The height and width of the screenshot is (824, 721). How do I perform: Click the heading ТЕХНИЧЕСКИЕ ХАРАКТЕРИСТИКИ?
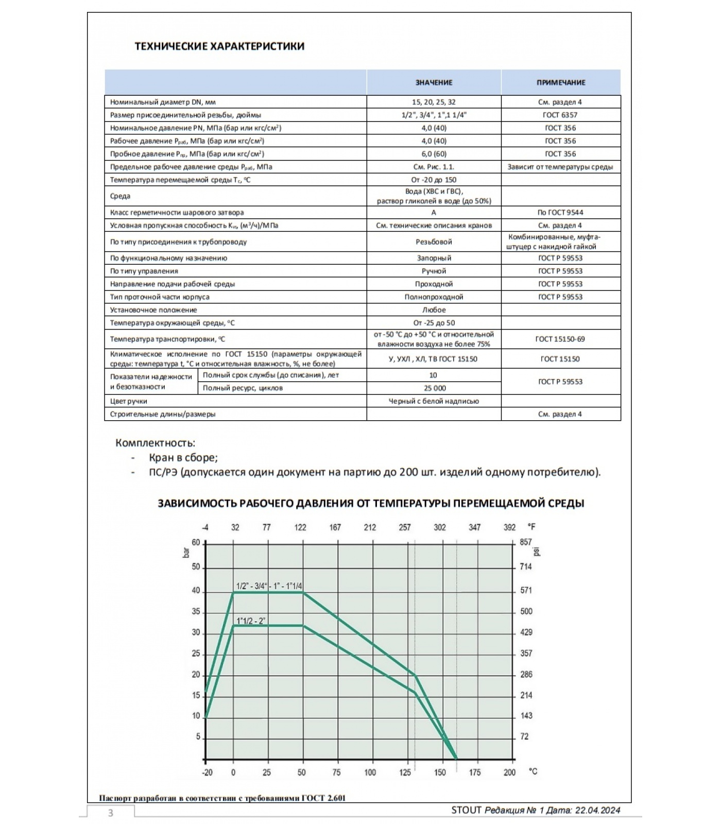[x=219, y=46]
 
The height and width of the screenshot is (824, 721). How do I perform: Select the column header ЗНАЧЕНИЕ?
[x=434, y=82]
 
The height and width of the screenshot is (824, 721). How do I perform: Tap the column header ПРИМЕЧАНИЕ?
[x=560, y=82]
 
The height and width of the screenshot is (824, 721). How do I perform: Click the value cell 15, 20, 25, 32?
[x=434, y=102]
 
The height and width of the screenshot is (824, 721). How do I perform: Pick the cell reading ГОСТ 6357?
[x=560, y=115]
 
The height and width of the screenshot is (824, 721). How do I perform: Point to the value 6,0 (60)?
[x=434, y=153]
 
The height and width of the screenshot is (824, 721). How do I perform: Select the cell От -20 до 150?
[x=434, y=180]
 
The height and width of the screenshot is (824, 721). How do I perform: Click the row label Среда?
[x=120, y=196]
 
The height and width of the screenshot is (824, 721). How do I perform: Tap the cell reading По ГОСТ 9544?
[x=560, y=212]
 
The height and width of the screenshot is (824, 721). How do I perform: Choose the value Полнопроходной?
[x=434, y=297]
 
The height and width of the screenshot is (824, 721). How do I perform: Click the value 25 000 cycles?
[x=434, y=388]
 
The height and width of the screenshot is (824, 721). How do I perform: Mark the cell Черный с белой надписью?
[x=434, y=401]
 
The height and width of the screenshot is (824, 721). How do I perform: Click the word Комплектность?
[x=155, y=443]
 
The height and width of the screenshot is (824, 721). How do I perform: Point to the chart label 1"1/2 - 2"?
[x=251, y=621]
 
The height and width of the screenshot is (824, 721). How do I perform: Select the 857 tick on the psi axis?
[x=525, y=542]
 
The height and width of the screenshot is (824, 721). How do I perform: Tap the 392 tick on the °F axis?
[x=509, y=527]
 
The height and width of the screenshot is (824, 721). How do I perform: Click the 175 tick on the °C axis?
[x=474, y=772]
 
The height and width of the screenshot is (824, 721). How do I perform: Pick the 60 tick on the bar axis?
[x=196, y=543]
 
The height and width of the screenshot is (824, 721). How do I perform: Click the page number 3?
[x=110, y=813]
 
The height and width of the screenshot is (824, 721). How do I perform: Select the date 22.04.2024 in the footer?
[x=597, y=810]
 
